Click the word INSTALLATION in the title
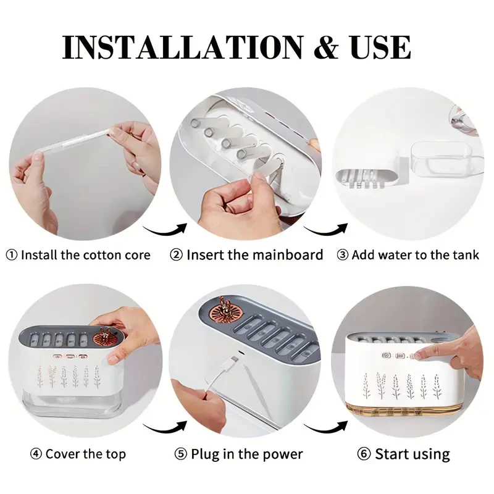tap(183, 48)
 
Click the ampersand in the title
tap(327, 48)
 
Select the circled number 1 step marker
tap(12, 255)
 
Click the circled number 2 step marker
tap(176, 255)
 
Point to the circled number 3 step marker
tap(343, 255)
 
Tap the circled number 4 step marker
tap(36, 454)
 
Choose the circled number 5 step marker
tap(181, 454)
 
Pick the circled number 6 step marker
tap(364, 454)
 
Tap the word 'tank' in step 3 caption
tap(466, 255)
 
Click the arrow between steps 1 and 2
tap(164, 231)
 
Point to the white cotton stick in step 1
tap(75, 142)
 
